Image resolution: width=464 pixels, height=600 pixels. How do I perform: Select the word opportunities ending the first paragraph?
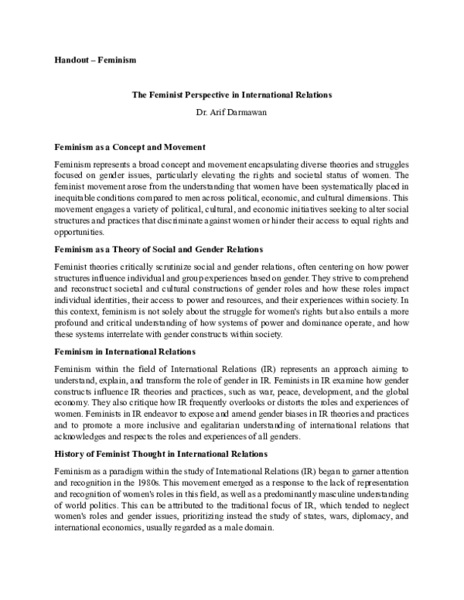(80, 230)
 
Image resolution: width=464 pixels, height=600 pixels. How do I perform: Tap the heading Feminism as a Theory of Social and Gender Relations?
(159, 249)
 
